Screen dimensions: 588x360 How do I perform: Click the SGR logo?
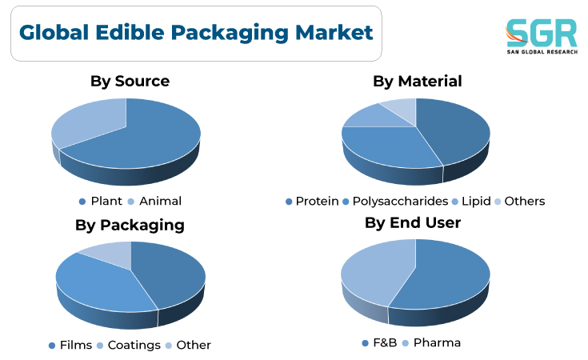541,36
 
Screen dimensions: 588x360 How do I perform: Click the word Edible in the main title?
130,32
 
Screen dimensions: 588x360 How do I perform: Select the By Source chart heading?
130,81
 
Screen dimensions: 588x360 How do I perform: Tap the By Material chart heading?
417,81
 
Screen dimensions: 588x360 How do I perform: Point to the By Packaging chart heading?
130,226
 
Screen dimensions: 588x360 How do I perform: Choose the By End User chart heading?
413,222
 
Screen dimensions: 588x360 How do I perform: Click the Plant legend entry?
101,202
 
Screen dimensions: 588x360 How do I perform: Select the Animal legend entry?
154,202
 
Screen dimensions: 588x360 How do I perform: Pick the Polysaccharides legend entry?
396,202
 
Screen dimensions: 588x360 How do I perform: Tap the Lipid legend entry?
471,202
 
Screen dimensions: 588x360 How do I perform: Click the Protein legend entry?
312,202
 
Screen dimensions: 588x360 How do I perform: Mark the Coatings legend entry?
129,345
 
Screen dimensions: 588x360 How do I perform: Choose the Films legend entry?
70,345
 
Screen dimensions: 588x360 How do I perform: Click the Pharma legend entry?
431,342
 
